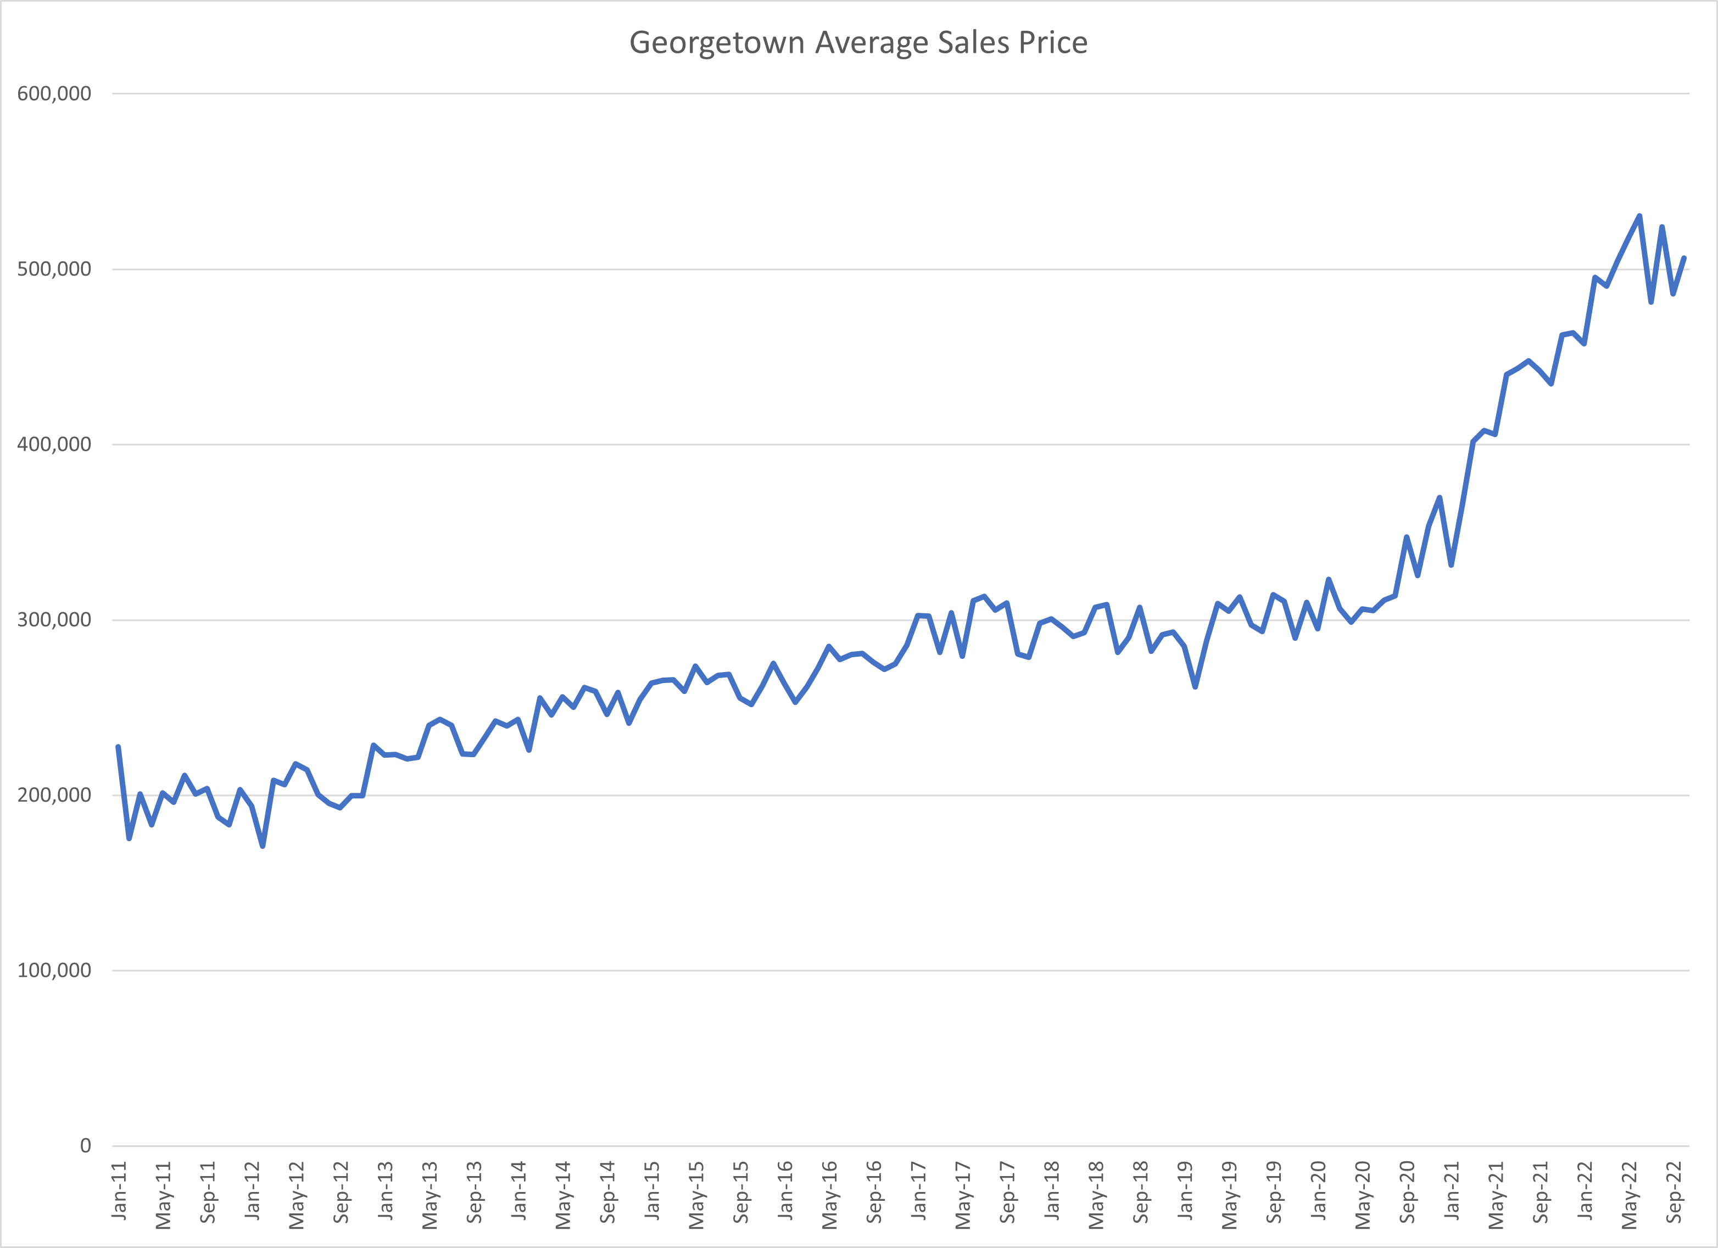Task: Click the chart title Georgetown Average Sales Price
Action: pos(858,42)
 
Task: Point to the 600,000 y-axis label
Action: pos(54,94)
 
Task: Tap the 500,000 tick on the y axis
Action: pos(54,269)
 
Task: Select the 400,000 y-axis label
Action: pos(54,445)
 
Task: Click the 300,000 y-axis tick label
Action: pos(54,619)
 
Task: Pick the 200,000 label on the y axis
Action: pos(54,795)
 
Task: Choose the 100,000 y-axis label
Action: pos(54,970)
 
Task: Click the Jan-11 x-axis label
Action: pos(119,1190)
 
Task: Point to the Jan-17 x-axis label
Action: pos(919,1190)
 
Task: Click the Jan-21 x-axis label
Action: pos(1452,1190)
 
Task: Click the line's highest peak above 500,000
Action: pos(1639,216)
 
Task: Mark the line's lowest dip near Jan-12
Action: pos(262,846)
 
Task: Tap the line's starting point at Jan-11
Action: pos(118,747)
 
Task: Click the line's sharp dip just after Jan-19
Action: pos(1195,687)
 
